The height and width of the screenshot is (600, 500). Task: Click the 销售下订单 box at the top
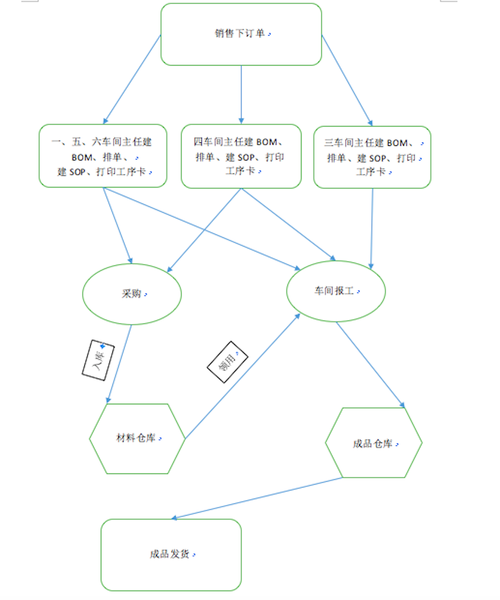click(x=241, y=34)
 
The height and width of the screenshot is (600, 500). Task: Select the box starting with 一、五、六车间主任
click(x=103, y=156)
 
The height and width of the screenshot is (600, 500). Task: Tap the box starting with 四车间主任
click(x=241, y=156)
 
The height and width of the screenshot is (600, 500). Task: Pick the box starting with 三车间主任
click(x=372, y=157)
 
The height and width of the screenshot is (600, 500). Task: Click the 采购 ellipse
click(x=132, y=294)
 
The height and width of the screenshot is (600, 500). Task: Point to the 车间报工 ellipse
click(x=335, y=291)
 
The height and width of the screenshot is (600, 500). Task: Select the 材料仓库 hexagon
click(x=137, y=438)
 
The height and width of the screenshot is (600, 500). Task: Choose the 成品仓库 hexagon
click(x=374, y=444)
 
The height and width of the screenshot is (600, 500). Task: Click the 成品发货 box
click(x=171, y=554)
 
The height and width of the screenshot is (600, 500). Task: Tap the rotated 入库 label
click(x=97, y=359)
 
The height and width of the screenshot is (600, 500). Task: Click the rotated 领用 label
click(x=228, y=362)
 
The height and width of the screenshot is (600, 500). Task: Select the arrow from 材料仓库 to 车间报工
click(x=242, y=376)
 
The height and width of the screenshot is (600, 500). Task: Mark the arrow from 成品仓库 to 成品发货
click(x=258, y=498)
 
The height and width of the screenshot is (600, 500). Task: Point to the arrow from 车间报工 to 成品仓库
click(x=370, y=364)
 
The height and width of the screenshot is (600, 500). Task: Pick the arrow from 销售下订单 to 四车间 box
click(x=241, y=94)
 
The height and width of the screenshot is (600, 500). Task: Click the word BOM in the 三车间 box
click(x=396, y=143)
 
